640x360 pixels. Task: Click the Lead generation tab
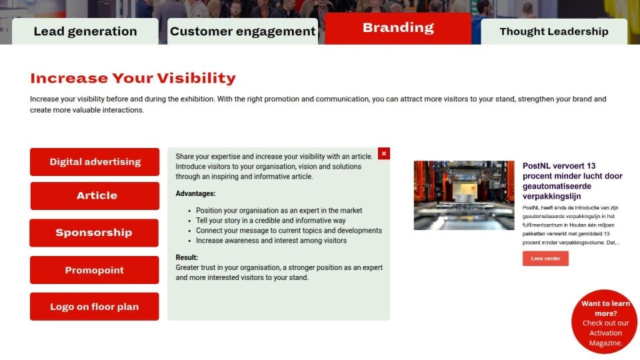click(85, 31)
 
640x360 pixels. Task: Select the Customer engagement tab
click(243, 31)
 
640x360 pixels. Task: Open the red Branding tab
click(398, 28)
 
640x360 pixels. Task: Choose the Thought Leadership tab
click(554, 31)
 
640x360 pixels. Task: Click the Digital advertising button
click(95, 161)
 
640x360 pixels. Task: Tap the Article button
click(95, 196)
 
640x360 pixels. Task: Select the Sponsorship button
click(94, 233)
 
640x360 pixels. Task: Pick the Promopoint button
click(94, 270)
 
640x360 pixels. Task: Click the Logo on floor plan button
click(94, 307)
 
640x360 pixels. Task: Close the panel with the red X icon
click(384, 153)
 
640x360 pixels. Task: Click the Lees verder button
click(545, 259)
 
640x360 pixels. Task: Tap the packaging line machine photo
click(464, 195)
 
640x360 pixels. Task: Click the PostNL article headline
click(572, 181)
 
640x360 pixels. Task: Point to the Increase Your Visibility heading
click(133, 78)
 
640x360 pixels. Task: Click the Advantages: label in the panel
click(195, 193)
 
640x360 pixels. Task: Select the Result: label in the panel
click(187, 257)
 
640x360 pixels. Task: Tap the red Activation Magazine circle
click(604, 321)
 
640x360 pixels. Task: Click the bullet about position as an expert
click(279, 211)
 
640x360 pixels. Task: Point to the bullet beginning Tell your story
click(271, 221)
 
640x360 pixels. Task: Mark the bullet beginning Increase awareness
click(271, 241)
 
